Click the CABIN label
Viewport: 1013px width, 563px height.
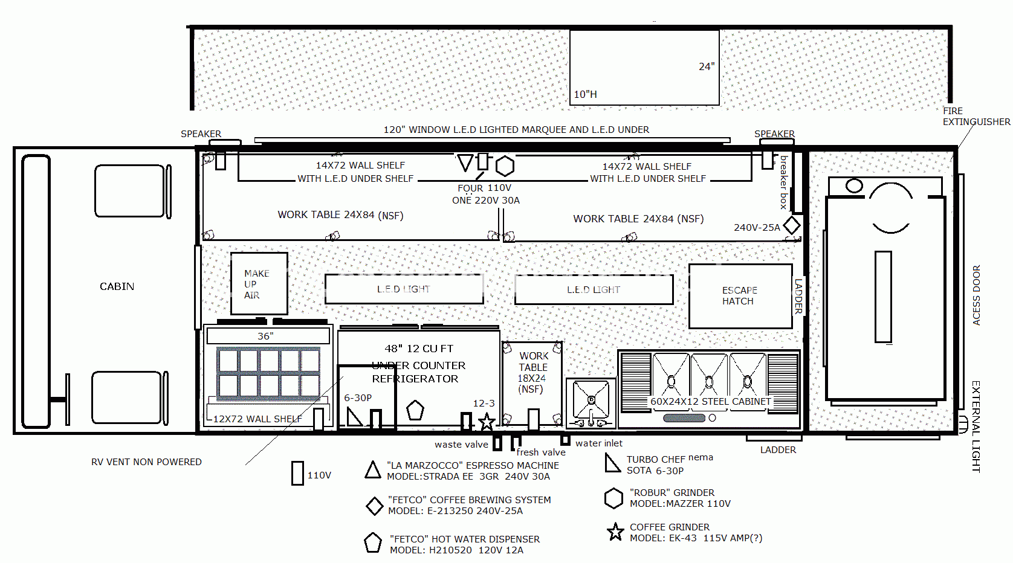coord(117,286)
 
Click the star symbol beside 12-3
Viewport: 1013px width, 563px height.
coord(487,421)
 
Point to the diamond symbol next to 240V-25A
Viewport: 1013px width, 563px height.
coord(792,225)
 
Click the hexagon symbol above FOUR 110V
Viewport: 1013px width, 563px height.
coord(505,166)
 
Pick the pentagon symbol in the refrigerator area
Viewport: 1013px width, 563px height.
coord(415,410)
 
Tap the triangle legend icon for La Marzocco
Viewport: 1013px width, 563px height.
coord(373,470)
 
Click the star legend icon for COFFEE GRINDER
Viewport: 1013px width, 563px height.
coord(615,532)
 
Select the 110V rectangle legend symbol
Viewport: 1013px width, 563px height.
coord(297,473)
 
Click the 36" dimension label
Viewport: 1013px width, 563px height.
coord(265,336)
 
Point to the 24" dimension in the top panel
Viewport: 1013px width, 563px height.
coord(707,67)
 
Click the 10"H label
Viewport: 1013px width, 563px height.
coord(585,94)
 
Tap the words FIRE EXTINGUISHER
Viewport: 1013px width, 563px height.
coord(976,117)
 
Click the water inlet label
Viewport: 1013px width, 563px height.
coord(599,443)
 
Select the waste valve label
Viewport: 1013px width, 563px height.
coord(461,445)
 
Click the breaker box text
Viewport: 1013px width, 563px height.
coord(784,182)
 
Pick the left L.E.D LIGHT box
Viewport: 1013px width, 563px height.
coord(404,289)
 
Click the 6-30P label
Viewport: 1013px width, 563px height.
coord(358,398)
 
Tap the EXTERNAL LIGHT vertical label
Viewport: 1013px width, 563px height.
coord(976,426)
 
